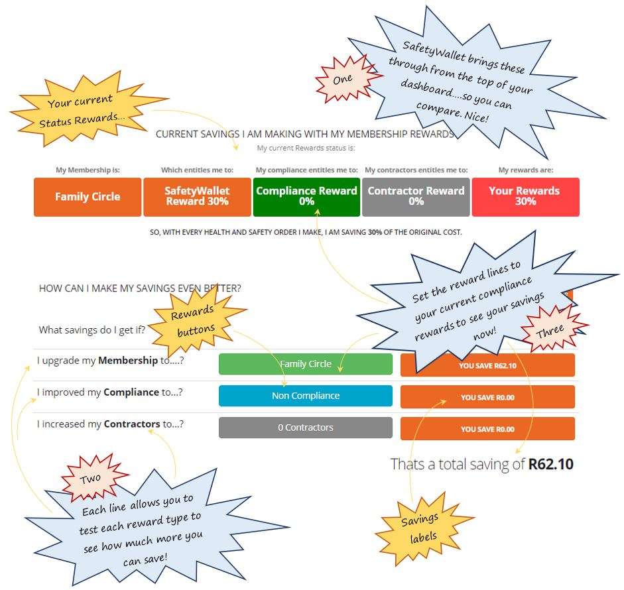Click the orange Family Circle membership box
pyautogui.click(x=88, y=197)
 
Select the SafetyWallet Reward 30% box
pyautogui.click(x=197, y=197)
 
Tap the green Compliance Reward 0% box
pyautogui.click(x=306, y=197)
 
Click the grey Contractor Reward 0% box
pyautogui.click(x=416, y=197)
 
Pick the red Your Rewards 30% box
pyautogui.click(x=525, y=197)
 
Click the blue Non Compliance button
pyautogui.click(x=305, y=396)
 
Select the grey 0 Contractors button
pyautogui.click(x=305, y=428)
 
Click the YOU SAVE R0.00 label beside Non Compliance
pyautogui.click(x=487, y=398)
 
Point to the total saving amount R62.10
pyautogui.click(x=550, y=464)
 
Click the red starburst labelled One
pyautogui.click(x=343, y=79)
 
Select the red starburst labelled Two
pyautogui.click(x=91, y=478)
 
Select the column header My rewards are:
pyautogui.click(x=525, y=170)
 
